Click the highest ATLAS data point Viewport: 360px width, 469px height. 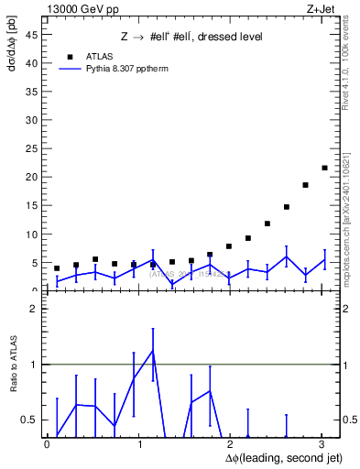pyautogui.click(x=324, y=168)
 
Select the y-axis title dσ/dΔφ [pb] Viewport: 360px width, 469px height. pyautogui.click(x=11, y=55)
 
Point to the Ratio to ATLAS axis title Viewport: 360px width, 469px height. pyautogui.click(x=11, y=366)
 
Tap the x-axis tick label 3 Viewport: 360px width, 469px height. pyautogui.click(x=322, y=444)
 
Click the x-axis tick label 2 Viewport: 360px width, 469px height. pyautogui.click(x=230, y=444)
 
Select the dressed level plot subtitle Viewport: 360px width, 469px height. pyautogui.click(x=191, y=38)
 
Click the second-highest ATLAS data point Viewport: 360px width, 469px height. pyautogui.click(x=305, y=185)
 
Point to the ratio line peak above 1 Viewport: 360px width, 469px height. pyautogui.click(x=152, y=351)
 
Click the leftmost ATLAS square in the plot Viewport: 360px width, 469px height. pyautogui.click(x=57, y=268)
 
